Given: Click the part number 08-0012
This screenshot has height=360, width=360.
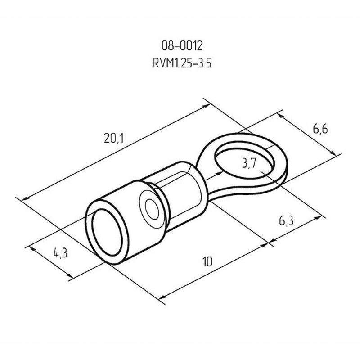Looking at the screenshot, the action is [x=182, y=46].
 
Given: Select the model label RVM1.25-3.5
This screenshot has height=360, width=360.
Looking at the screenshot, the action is [x=182, y=63].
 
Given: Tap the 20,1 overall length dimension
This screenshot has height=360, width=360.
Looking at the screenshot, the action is [x=114, y=139].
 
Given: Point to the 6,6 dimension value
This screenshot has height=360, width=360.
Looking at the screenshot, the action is [x=320, y=129].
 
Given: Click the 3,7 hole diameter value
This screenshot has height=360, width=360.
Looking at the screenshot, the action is [x=249, y=163].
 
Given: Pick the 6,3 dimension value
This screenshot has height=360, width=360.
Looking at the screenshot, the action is [x=286, y=221].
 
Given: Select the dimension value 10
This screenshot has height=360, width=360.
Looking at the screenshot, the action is [x=207, y=261].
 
